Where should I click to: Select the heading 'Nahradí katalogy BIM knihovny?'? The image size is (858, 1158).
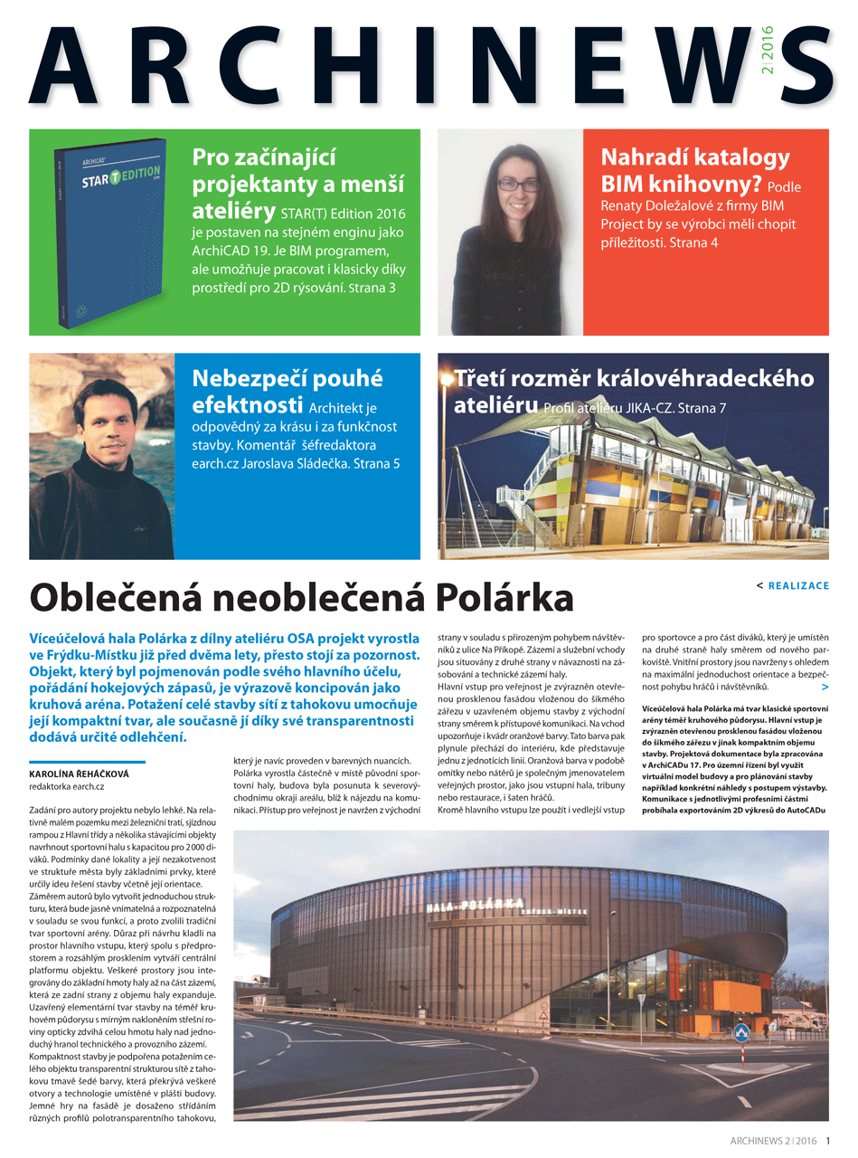(x=695, y=171)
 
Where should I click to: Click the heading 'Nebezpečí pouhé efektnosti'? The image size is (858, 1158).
(x=288, y=389)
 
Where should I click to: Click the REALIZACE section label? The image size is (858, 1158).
(x=798, y=586)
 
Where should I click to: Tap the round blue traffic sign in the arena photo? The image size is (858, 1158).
(x=741, y=1031)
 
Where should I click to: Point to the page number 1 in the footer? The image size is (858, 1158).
(x=828, y=1141)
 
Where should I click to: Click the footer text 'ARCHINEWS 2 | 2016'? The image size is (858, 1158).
(x=773, y=1141)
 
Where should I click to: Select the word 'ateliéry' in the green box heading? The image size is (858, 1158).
(x=233, y=212)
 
